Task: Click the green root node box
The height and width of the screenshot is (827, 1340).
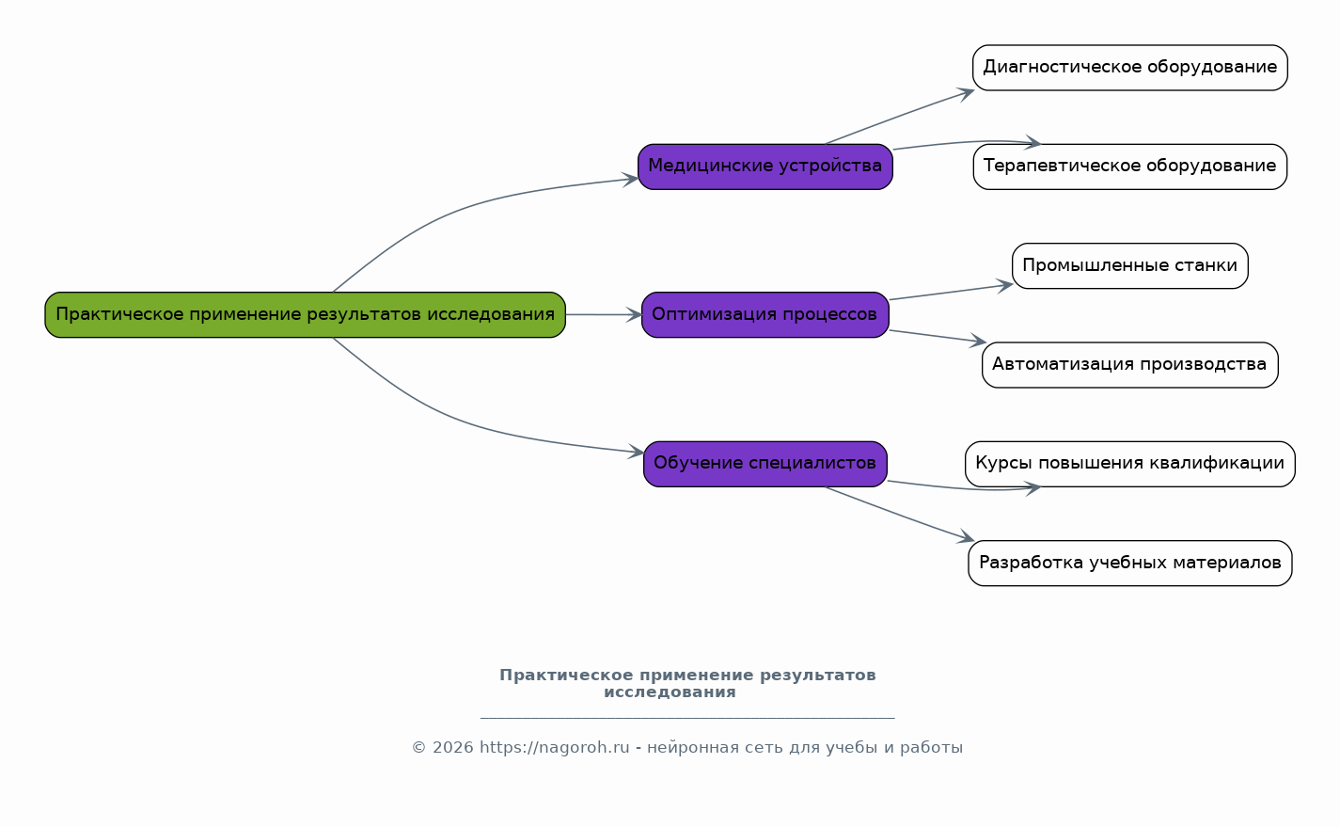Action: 305,314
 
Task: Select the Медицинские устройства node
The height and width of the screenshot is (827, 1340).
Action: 765,167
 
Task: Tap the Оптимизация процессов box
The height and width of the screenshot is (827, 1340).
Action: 765,314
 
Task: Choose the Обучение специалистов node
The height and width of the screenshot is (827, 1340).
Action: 765,463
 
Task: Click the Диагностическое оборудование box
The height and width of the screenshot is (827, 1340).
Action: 1129,68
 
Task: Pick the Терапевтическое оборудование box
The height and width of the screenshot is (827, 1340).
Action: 1129,167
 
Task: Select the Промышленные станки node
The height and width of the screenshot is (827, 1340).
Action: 1129,265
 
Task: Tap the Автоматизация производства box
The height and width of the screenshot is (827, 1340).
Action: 1129,364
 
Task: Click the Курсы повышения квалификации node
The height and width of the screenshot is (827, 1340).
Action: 1129,464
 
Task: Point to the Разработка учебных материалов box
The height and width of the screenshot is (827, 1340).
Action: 1129,563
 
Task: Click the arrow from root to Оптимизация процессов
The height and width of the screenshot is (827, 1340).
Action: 603,315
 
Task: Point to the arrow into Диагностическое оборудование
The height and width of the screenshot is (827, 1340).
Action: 898,118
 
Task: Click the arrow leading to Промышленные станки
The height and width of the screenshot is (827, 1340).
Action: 950,292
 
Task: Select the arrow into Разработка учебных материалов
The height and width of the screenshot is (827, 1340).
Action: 898,513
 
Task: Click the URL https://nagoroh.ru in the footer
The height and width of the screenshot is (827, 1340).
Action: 554,748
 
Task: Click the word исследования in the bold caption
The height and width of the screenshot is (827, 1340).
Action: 670,692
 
